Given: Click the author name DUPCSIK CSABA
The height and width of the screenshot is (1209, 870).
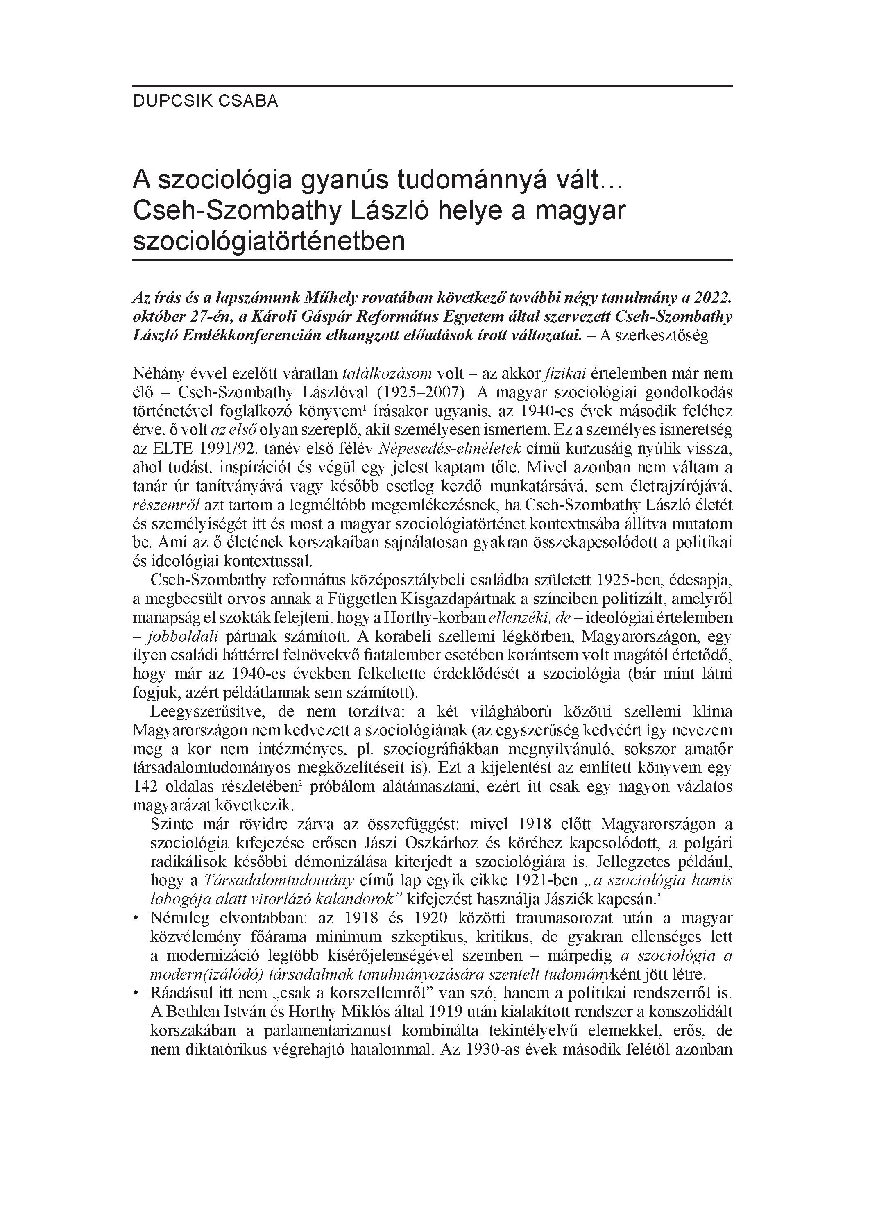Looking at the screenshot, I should (205, 101).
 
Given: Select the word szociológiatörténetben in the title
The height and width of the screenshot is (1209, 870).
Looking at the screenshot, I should (269, 241).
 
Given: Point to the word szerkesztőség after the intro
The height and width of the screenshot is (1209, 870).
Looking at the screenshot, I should (662, 336).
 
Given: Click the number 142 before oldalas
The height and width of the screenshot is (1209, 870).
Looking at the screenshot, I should (145, 787).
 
